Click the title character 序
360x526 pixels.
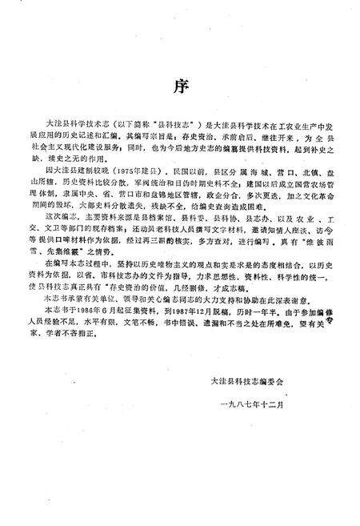click(179, 86)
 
